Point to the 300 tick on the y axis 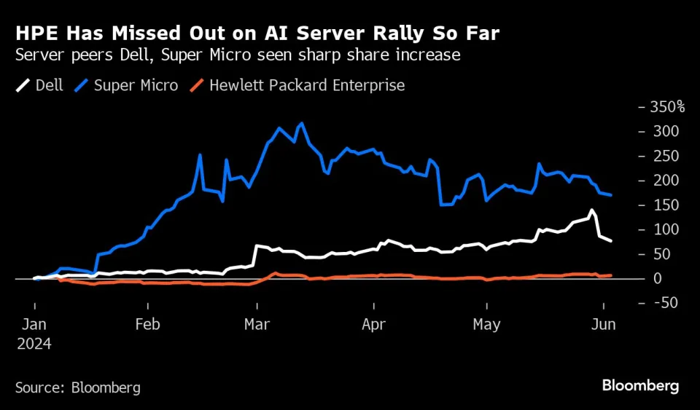click(x=665, y=132)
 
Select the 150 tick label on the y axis click(x=665, y=205)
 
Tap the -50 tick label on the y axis click(x=665, y=303)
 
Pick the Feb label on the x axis click(x=147, y=325)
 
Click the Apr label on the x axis click(x=373, y=325)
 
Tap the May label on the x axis click(x=486, y=325)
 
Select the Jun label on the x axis click(x=604, y=325)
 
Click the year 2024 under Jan click(x=34, y=343)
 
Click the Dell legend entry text click(x=49, y=85)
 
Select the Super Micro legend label click(x=136, y=85)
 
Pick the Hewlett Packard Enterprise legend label click(x=306, y=85)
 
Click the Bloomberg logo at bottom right click(x=640, y=386)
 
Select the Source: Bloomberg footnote click(x=78, y=387)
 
